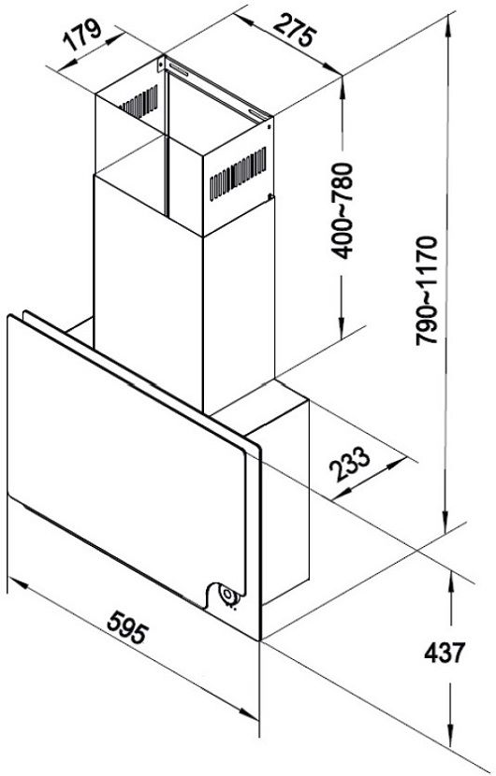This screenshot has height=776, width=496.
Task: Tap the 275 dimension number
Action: (x=295, y=31)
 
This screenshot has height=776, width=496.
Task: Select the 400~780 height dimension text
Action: (x=343, y=210)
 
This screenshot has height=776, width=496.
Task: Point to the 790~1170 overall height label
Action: (x=427, y=290)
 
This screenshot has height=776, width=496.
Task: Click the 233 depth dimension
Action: (x=350, y=464)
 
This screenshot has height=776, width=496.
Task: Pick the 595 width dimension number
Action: (x=128, y=627)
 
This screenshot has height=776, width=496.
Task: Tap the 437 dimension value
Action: (x=445, y=653)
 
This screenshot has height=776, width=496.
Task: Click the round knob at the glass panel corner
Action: (x=228, y=595)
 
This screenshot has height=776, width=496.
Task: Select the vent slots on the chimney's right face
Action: (x=238, y=173)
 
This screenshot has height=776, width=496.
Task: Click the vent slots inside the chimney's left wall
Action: (x=139, y=102)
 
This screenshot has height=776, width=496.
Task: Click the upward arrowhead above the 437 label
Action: (x=450, y=581)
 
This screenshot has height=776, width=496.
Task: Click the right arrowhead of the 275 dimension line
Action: (x=331, y=68)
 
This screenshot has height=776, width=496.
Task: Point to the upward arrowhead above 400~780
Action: (x=342, y=87)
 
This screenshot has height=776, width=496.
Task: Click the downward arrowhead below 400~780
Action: (x=342, y=327)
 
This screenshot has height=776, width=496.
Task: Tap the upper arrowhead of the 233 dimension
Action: (x=396, y=464)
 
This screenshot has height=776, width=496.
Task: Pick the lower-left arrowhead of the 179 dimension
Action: (x=66, y=65)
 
